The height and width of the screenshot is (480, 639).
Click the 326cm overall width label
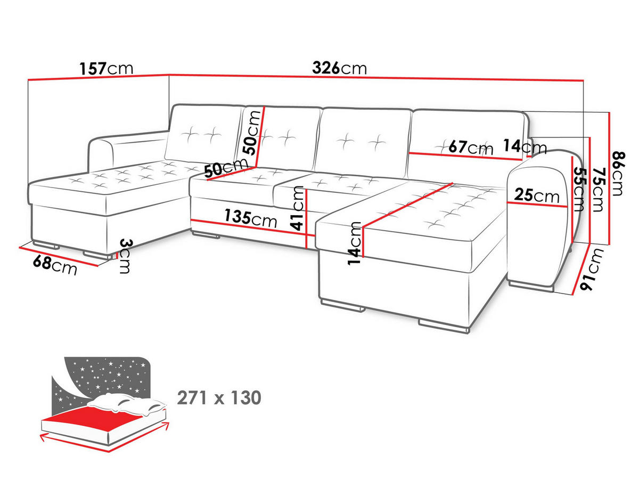339,68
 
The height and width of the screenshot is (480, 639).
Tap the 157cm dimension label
106,69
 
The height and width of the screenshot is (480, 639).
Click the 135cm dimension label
250,218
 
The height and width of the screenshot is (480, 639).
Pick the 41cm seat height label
297,208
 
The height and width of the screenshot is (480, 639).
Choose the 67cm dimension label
471,148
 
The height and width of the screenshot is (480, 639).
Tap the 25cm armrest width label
537,195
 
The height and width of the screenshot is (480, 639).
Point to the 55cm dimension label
578,189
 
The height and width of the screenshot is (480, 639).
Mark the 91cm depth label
591,270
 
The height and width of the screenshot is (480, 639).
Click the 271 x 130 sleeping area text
219,398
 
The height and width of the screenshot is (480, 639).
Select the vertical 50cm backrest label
252,133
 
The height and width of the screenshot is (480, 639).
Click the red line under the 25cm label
537,205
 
